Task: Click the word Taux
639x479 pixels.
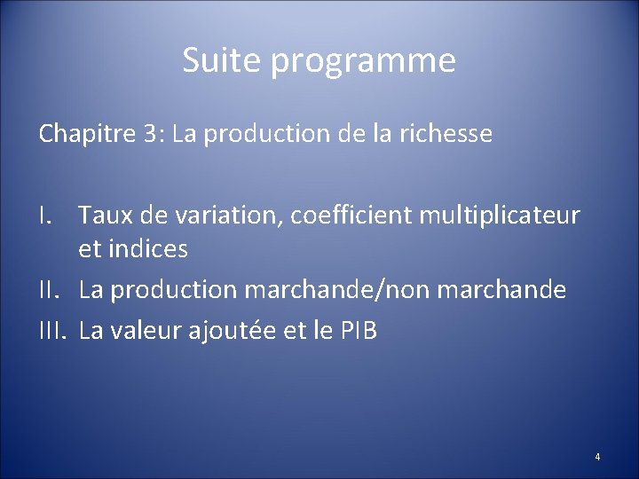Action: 105,216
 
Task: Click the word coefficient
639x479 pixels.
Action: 341,216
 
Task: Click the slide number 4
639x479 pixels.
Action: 597,457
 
